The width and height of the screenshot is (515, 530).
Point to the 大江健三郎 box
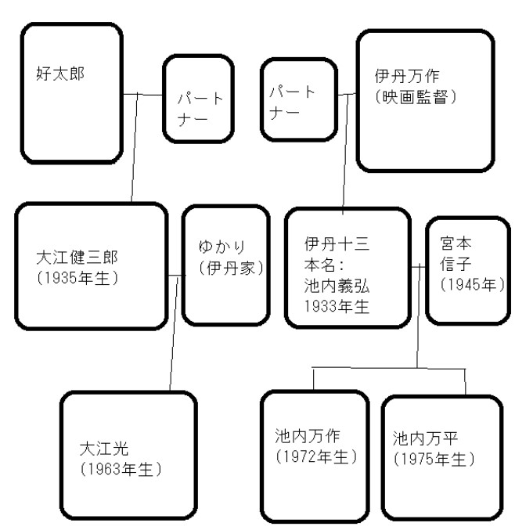tap(92, 265)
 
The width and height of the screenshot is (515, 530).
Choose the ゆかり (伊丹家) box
tap(221, 264)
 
